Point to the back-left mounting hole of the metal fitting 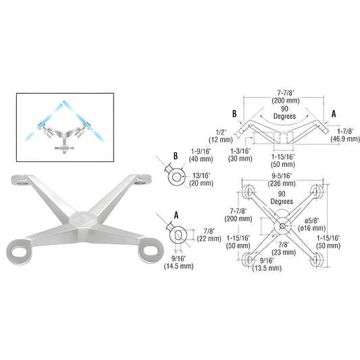(22, 180)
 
